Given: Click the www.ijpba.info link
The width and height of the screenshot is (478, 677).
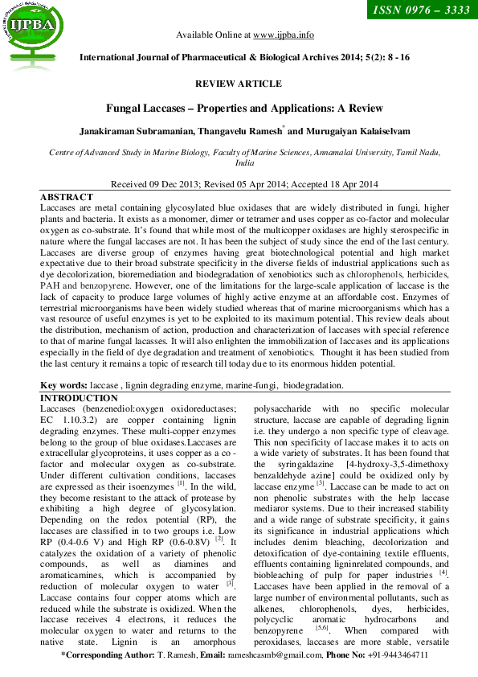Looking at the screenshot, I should [x=284, y=35].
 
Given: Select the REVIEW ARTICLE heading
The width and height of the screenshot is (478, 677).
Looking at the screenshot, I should [x=239, y=84].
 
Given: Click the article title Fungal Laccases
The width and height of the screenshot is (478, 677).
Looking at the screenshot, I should [x=239, y=109].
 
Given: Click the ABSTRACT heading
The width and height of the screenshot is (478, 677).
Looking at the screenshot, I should [x=67, y=197].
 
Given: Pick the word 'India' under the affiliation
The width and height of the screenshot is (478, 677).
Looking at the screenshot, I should [x=239, y=162].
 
